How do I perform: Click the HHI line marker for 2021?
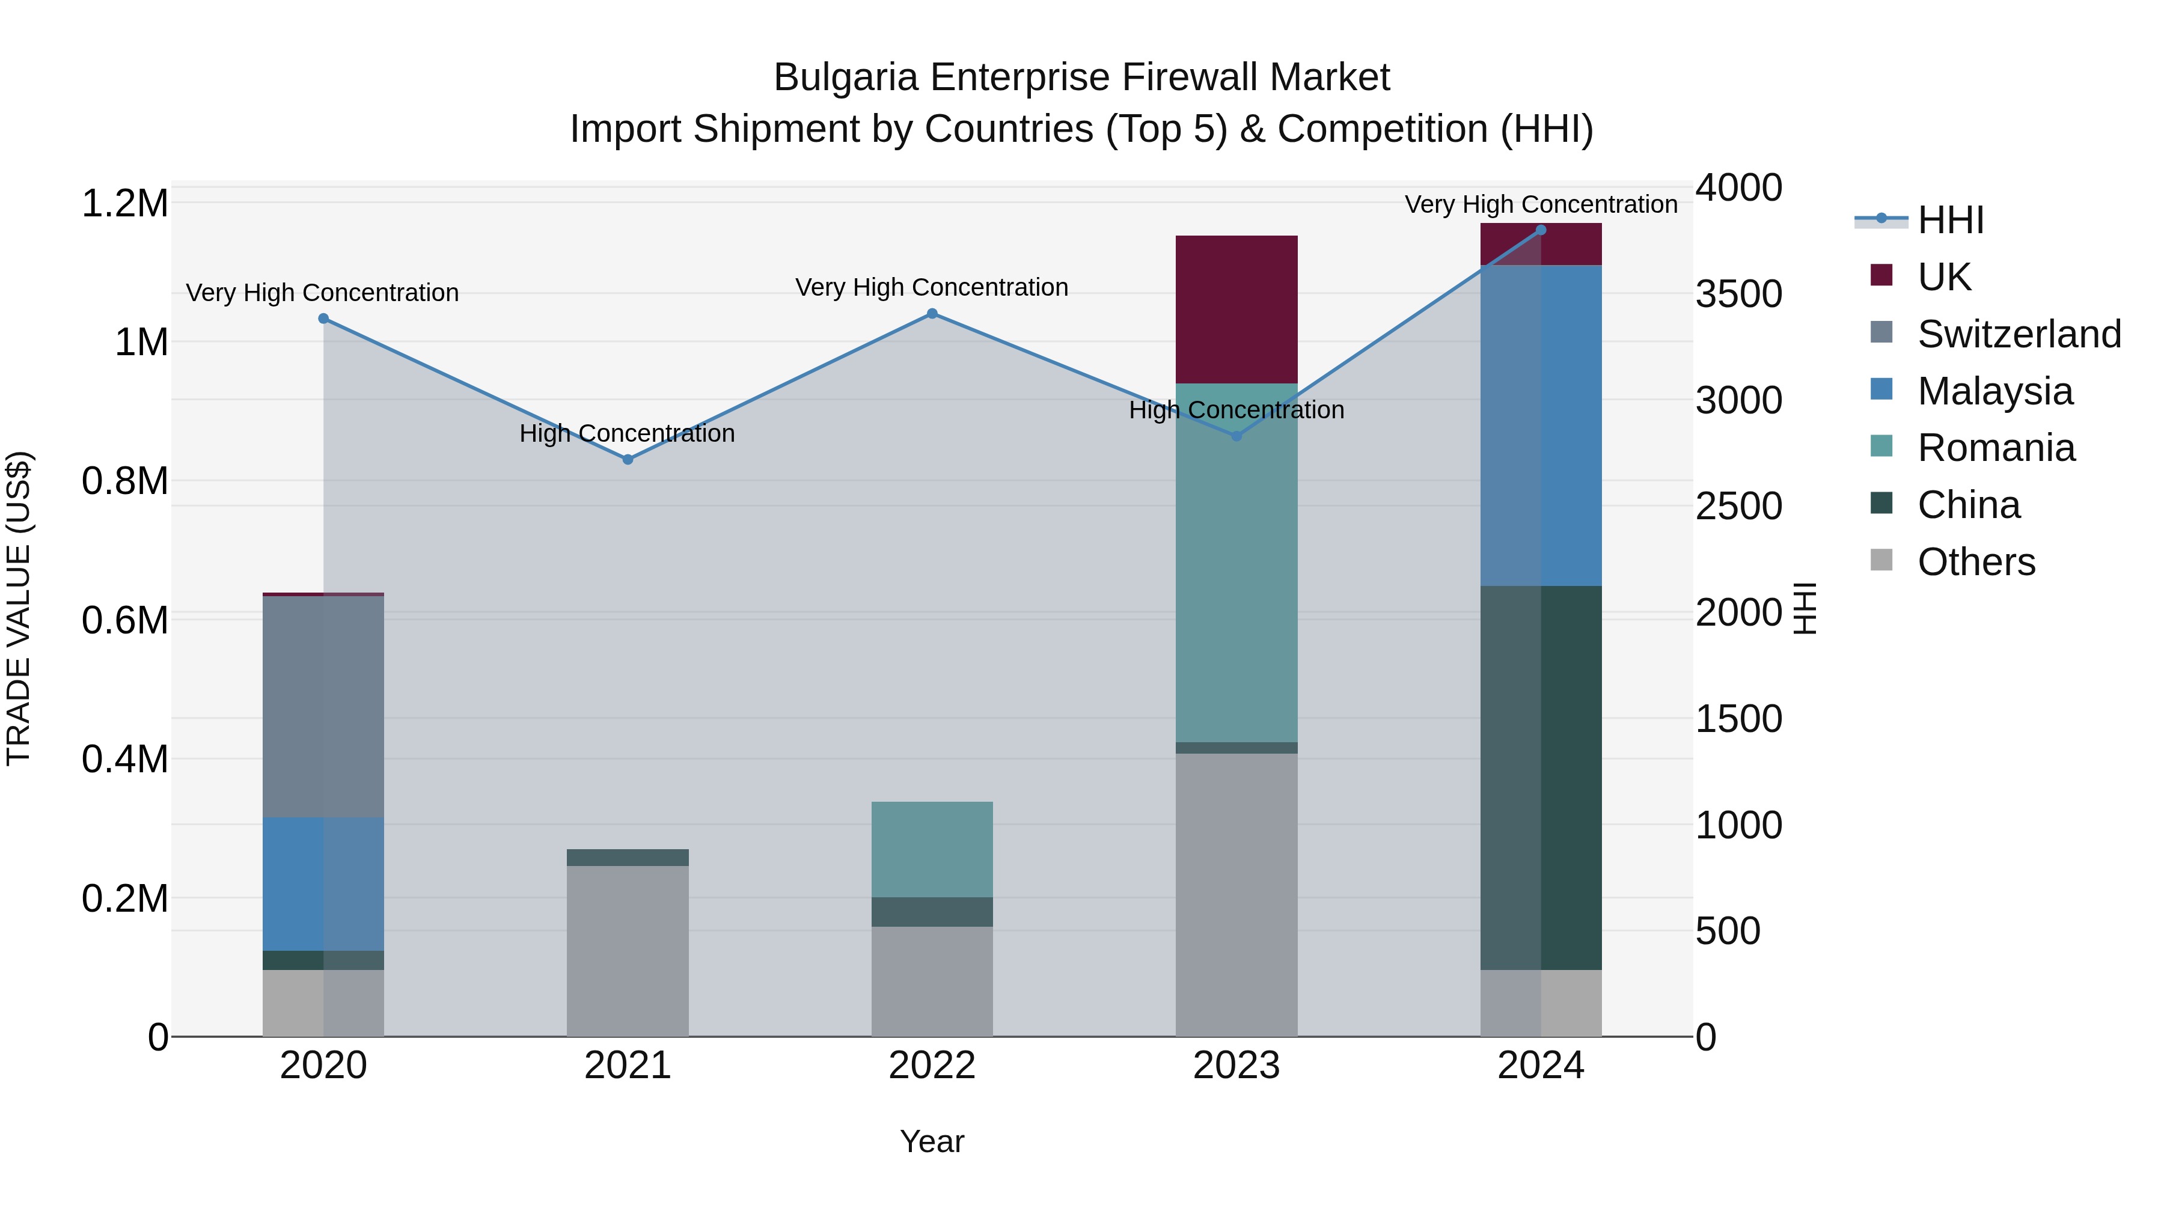pyautogui.click(x=628, y=459)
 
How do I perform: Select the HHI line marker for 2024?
pyautogui.click(x=1541, y=230)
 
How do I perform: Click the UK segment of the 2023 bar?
pyautogui.click(x=1236, y=309)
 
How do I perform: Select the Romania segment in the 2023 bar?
pyautogui.click(x=1236, y=563)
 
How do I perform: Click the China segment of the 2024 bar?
pyautogui.click(x=1541, y=777)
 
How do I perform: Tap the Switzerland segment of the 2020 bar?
pyautogui.click(x=323, y=706)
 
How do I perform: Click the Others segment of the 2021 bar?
pyautogui.click(x=628, y=951)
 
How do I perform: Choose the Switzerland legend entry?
pyautogui.click(x=2019, y=334)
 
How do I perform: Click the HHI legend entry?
pyautogui.click(x=1951, y=220)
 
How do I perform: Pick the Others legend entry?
pyautogui.click(x=1976, y=562)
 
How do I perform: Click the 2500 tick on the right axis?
pyautogui.click(x=1738, y=507)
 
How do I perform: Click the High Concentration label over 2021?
pyautogui.click(x=627, y=433)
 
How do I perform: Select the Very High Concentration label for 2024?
pyautogui.click(x=1541, y=204)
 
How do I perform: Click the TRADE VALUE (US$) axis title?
pyautogui.click(x=19, y=608)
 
